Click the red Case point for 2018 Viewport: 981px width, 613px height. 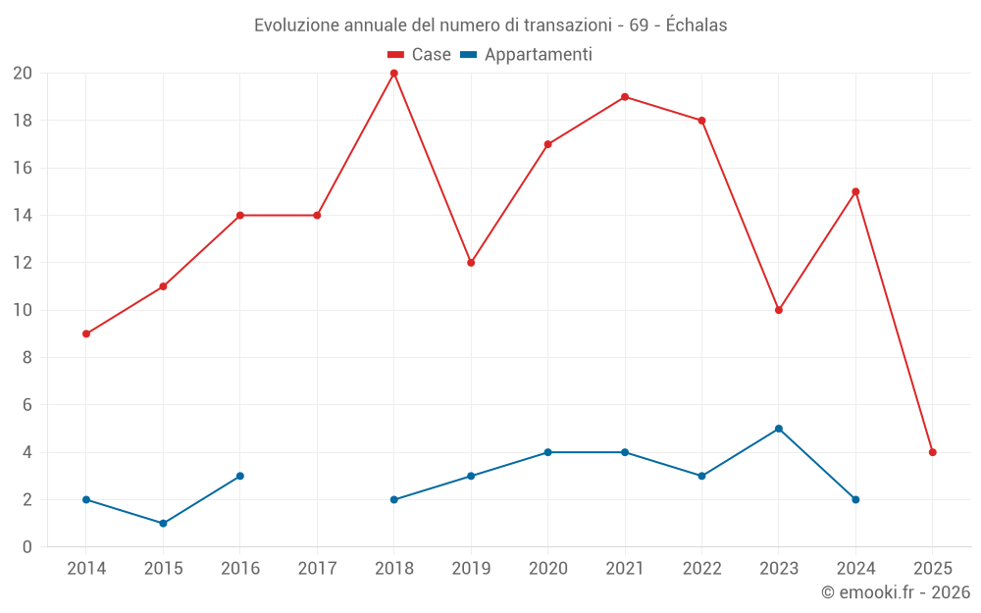pyautogui.click(x=393, y=74)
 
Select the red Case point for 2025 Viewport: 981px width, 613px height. pyautogui.click(x=932, y=452)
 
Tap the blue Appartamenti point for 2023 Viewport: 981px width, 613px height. pyautogui.click(x=778, y=429)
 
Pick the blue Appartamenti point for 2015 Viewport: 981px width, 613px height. pyautogui.click(x=163, y=523)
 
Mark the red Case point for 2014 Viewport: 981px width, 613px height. pyautogui.click(x=86, y=333)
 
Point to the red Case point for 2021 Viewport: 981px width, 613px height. pyautogui.click(x=625, y=97)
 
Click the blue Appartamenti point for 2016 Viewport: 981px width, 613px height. pyautogui.click(x=239, y=476)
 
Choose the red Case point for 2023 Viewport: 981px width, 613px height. pyautogui.click(x=778, y=310)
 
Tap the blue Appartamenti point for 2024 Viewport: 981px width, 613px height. pyautogui.click(x=855, y=499)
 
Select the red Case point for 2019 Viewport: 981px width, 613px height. pyautogui.click(x=471, y=263)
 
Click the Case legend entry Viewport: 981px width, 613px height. pyautogui.click(x=420, y=55)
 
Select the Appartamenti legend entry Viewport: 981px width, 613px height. pyautogui.click(x=527, y=55)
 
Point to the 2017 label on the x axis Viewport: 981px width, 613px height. pyautogui.click(x=317, y=569)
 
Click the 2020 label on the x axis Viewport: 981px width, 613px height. pyautogui.click(x=547, y=569)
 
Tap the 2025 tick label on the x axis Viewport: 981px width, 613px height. pyautogui.click(x=932, y=569)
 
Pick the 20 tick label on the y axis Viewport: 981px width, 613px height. pyautogui.click(x=23, y=74)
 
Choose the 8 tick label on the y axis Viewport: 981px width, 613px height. pyautogui.click(x=27, y=358)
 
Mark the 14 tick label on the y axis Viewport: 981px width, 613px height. pyautogui.click(x=23, y=216)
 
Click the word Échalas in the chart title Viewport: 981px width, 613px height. pyautogui.click(x=697, y=26)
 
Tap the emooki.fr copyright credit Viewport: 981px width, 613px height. pyautogui.click(x=896, y=592)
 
